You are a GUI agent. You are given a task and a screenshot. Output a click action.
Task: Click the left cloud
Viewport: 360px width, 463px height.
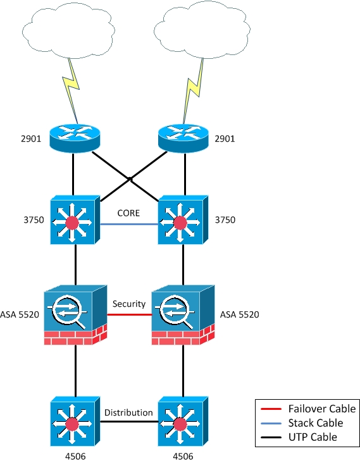pos(68,31)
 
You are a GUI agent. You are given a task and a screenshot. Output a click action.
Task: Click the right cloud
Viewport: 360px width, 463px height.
pos(202,30)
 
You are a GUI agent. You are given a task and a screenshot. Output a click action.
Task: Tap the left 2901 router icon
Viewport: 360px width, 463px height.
pos(75,138)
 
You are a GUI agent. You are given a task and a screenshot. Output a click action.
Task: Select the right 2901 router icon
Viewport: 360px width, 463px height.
pos(183,138)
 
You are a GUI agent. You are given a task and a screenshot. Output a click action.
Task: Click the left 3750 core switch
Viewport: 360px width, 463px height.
pos(75,219)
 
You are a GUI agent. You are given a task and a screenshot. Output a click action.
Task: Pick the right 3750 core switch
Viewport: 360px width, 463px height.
pos(183,219)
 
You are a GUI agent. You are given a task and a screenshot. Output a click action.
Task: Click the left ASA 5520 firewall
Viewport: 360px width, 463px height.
pos(75,315)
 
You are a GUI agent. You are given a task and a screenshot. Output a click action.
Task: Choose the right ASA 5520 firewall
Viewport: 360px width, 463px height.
pos(183,315)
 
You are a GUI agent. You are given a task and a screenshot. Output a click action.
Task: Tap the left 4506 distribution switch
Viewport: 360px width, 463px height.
pos(75,421)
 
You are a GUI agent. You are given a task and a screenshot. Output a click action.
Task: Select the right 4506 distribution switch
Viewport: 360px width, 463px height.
pos(183,421)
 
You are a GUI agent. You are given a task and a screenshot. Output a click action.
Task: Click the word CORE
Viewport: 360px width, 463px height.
pos(128,213)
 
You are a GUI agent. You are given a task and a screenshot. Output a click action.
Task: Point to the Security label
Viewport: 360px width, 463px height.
pos(129,304)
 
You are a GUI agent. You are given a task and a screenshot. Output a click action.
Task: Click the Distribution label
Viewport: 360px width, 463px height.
pos(129,412)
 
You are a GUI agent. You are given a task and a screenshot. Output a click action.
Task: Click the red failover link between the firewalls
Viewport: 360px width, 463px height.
pos(129,315)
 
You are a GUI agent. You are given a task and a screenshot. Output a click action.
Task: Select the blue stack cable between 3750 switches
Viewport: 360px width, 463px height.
pos(129,225)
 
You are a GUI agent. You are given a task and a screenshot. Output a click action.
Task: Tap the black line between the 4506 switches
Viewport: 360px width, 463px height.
pos(129,421)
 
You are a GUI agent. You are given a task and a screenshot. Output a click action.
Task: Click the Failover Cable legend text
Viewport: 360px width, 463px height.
pos(322,409)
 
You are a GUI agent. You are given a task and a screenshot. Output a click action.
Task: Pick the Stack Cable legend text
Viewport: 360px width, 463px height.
pos(316,423)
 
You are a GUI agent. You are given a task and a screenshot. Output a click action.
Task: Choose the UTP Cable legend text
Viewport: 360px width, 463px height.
pos(313,437)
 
